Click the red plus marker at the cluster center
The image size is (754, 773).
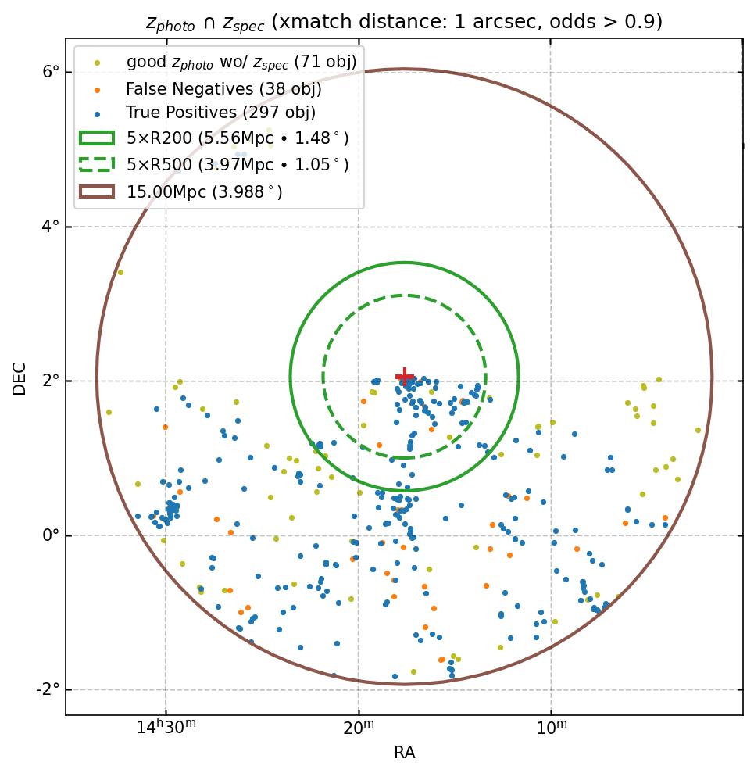click(x=405, y=377)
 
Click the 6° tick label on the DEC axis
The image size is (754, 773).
click(x=50, y=72)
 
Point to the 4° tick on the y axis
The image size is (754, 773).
click(x=50, y=227)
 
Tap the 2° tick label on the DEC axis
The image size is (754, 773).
click(x=50, y=381)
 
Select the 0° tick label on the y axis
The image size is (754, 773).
click(x=50, y=535)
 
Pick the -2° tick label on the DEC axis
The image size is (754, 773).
click(x=48, y=689)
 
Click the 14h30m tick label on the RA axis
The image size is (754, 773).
click(x=166, y=729)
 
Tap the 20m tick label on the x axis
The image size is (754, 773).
click(x=359, y=729)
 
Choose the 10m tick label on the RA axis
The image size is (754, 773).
click(x=551, y=729)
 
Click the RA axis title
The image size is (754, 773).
click(x=404, y=753)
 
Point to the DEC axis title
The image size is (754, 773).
click(x=20, y=378)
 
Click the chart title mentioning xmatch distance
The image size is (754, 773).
click(x=404, y=22)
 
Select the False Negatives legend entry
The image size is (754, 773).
click(x=223, y=89)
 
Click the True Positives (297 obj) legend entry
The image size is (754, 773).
click(x=220, y=113)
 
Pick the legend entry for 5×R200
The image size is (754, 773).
click(x=237, y=138)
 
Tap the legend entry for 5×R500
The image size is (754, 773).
click(x=237, y=165)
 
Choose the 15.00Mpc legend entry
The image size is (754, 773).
click(x=204, y=191)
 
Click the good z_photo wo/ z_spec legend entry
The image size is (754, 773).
click(x=241, y=61)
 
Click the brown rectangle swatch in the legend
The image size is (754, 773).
click(x=97, y=191)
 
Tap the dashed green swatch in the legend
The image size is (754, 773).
click(x=97, y=165)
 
